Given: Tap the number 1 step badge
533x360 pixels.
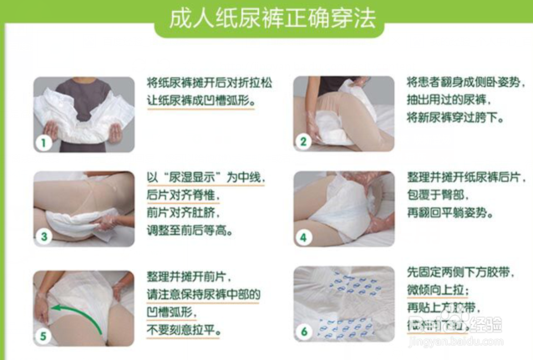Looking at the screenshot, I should coord(44,142).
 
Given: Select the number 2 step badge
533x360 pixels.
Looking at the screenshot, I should coord(304,142).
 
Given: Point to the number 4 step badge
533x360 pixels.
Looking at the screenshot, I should coord(304,237).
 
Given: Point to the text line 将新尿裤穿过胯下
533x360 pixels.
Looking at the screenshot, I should coord(454,118).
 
